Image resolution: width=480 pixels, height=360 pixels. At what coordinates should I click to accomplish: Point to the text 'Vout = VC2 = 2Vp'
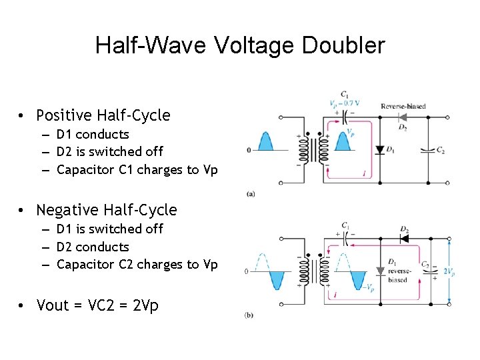tap(97, 305)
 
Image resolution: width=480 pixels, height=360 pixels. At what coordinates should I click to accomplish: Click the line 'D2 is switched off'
tap(110, 151)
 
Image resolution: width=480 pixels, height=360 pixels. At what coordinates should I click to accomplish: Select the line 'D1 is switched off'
tap(110, 229)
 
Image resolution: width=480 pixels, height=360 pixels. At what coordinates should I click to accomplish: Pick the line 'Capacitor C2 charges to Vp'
tap(137, 264)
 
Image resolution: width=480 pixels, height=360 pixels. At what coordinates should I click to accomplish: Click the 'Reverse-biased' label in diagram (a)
tap(403, 106)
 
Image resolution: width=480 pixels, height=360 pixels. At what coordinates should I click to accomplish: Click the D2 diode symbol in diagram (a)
tap(402, 117)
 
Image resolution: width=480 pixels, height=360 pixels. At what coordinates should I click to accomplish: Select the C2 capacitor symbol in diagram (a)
tap(427, 150)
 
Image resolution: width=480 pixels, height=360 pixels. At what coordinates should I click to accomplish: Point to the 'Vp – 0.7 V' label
tap(345, 103)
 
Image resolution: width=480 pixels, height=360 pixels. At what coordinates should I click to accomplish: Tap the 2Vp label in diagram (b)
tap(450, 272)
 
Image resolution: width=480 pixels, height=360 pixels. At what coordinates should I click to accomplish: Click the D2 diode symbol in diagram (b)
tap(403, 238)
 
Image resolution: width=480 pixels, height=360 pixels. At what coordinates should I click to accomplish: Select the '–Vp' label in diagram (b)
tap(369, 287)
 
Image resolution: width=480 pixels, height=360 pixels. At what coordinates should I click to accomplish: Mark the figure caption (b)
tap(249, 315)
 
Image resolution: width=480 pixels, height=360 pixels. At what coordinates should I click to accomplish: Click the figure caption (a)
tap(249, 193)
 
